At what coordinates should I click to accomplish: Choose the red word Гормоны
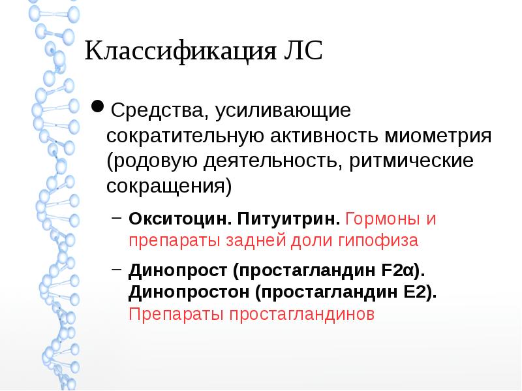click(x=380, y=218)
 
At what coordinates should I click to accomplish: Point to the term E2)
click(x=420, y=291)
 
